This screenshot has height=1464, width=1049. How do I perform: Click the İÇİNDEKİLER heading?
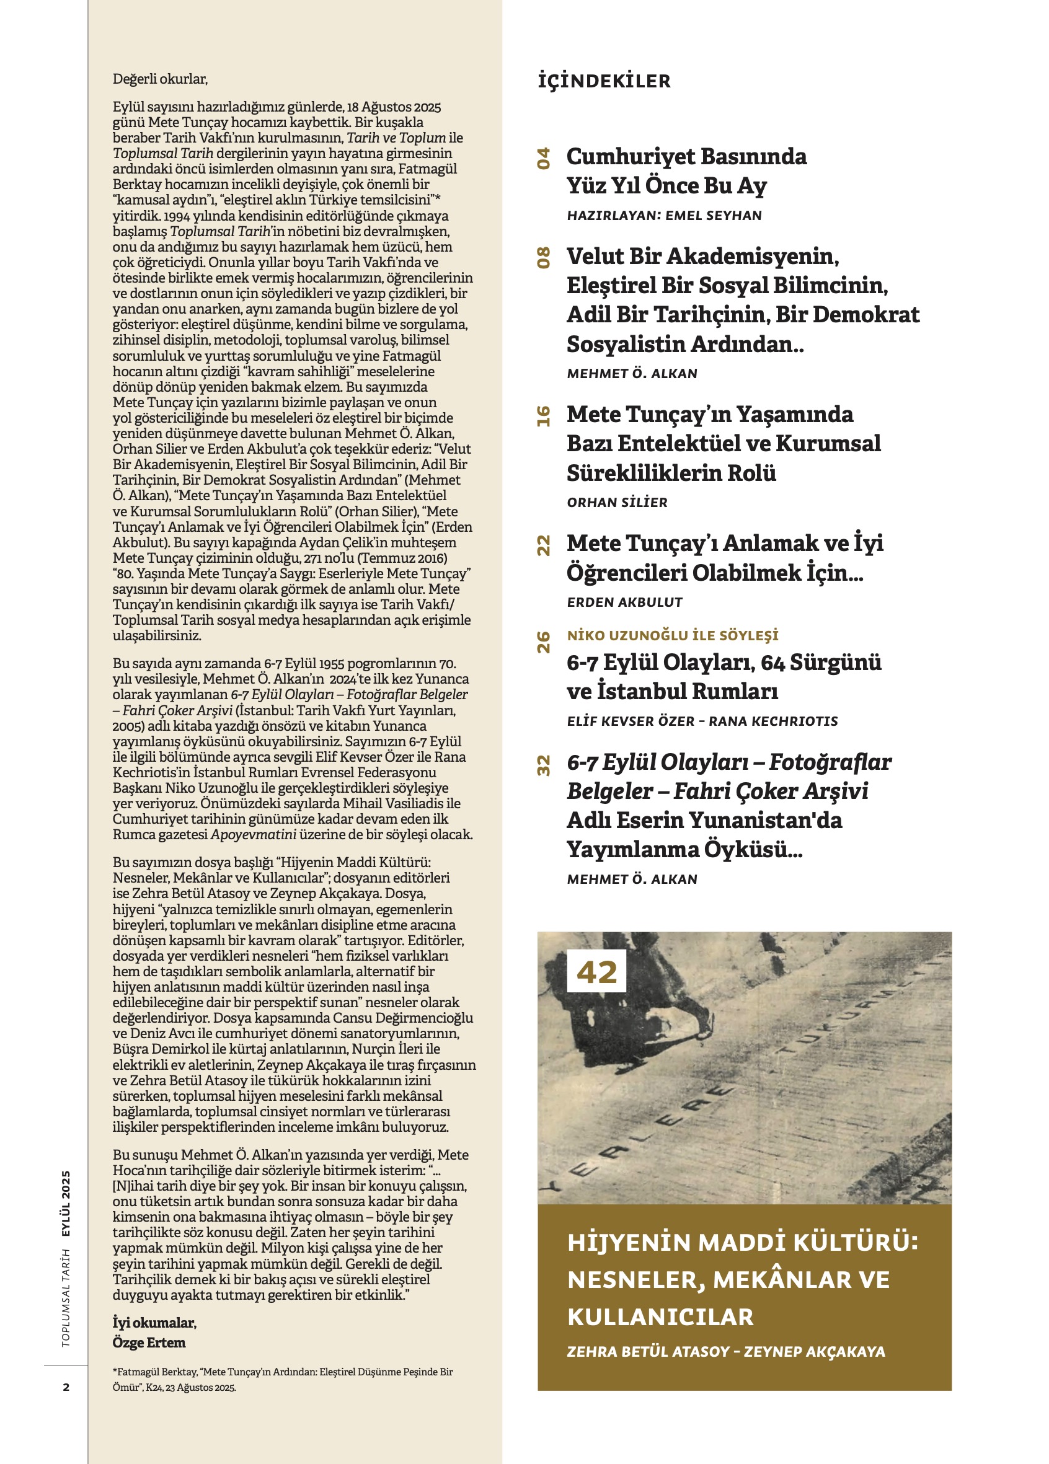604,81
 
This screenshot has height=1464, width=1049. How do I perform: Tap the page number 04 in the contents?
544,158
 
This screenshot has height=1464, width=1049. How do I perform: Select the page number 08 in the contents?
544,258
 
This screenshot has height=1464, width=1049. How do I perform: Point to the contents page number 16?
544,417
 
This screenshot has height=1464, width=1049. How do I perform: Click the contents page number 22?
544,545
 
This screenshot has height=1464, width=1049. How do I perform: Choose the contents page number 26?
544,642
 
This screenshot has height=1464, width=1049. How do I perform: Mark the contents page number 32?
544,765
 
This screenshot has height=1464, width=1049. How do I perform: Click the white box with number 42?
596,971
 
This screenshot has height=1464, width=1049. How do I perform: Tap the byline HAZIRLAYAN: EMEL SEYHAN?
664,216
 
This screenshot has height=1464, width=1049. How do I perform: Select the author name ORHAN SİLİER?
617,502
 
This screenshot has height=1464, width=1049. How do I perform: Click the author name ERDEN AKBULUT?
624,602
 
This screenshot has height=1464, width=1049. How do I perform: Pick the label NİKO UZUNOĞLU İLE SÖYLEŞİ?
673,635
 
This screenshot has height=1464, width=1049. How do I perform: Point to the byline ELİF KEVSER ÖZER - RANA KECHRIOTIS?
702,721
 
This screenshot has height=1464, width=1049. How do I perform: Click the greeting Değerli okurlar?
160,79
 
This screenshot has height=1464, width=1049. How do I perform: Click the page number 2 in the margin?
66,1387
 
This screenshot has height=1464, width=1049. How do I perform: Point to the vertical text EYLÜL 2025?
66,1203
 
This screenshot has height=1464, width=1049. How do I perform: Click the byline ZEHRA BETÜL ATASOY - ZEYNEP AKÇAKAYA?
725,1352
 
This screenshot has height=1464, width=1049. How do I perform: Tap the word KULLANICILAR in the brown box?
660,1317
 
